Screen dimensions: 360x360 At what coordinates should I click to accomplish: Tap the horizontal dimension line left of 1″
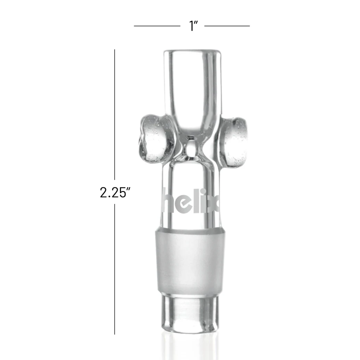click(x=157, y=26)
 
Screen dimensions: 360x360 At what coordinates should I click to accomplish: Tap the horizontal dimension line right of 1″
click(x=227, y=26)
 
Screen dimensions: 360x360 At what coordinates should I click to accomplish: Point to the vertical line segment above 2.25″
click(x=115, y=117)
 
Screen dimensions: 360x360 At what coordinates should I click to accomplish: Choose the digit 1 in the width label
click(x=191, y=26)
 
